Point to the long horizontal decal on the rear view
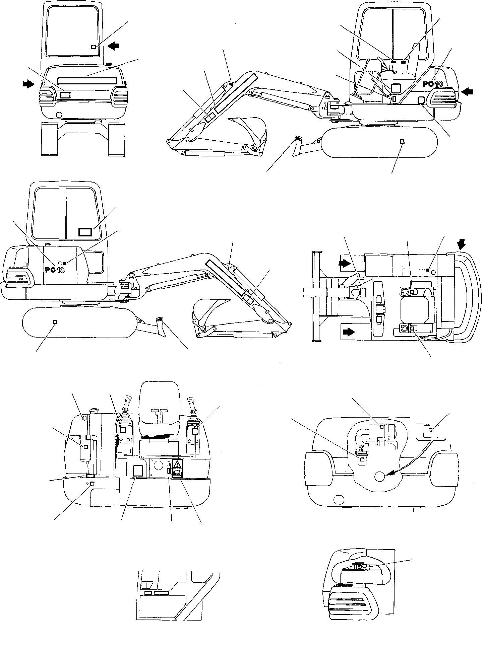[87, 80]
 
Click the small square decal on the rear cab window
[94, 47]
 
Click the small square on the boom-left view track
[402, 142]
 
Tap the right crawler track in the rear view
[117, 139]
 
